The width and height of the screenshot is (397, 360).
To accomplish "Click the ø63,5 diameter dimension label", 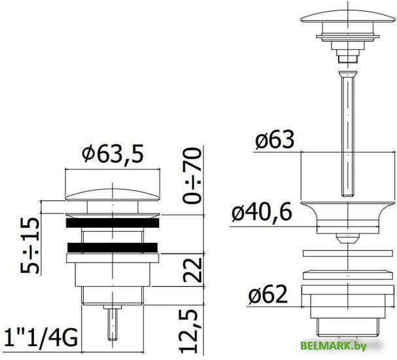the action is (112, 154).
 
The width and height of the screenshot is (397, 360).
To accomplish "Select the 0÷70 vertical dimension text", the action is (192, 176).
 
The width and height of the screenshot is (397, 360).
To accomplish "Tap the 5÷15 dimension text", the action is (30, 245).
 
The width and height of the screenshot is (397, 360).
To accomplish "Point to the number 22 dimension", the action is (192, 270).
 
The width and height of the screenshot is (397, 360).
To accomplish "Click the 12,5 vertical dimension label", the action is (188, 331).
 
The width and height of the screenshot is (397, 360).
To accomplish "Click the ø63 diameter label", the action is (275, 139).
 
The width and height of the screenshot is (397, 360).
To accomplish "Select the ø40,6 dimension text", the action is (262, 212).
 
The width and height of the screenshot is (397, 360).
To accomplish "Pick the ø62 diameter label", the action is (268, 295).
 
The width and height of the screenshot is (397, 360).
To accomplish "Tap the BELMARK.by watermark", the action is (334, 346).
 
